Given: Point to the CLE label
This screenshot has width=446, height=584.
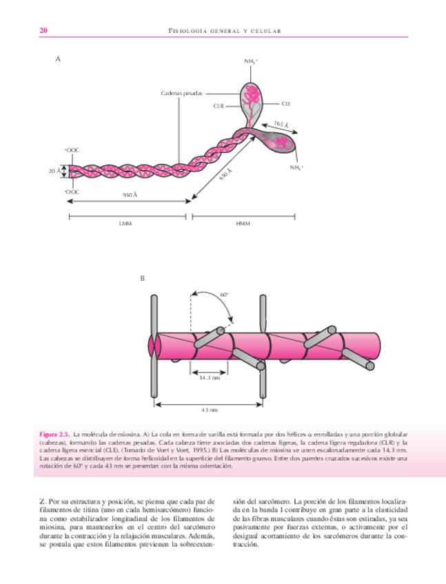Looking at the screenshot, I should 286,103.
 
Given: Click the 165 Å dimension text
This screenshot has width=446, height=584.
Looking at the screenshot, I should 281,125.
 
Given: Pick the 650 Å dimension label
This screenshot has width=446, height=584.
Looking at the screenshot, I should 225,175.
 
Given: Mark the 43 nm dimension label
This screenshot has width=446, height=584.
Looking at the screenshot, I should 209,410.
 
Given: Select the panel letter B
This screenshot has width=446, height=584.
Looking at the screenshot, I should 143,278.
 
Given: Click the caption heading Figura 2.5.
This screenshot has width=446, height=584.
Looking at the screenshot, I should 53,435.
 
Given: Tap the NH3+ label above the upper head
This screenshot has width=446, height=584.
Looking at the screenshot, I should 252,62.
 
